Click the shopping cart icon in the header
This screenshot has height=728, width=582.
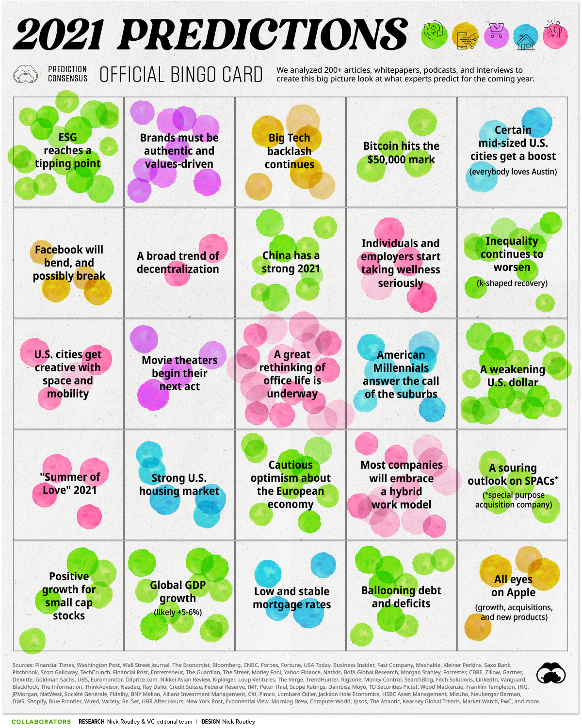(496, 31)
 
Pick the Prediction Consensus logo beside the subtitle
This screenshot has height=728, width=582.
(25, 75)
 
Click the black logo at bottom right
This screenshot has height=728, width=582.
(551, 673)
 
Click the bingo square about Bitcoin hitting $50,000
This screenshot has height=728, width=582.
(401, 152)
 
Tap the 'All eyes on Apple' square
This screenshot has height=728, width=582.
(513, 596)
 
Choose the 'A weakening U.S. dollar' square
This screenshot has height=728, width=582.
(513, 374)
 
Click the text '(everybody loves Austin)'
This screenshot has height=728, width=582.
(513, 172)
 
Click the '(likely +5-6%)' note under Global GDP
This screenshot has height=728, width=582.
(178, 612)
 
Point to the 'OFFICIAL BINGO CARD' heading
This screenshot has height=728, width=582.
(181, 75)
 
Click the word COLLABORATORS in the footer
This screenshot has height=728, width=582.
(41, 722)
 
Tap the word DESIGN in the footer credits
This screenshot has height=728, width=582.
(210, 722)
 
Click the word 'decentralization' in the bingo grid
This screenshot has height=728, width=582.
(178, 269)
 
